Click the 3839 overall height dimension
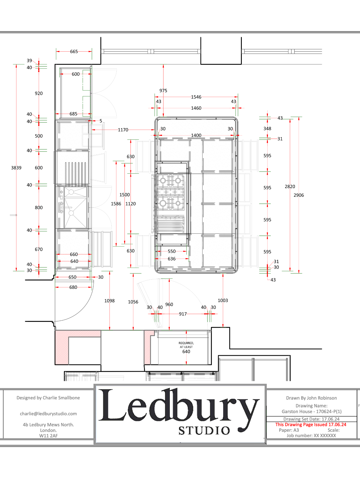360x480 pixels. (x=16, y=168)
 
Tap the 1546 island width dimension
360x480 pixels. (x=196, y=97)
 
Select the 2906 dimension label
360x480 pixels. (x=298, y=195)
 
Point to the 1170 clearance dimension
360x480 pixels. (x=123, y=130)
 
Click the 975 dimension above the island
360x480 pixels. (x=163, y=91)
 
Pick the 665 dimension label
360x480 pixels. (x=74, y=52)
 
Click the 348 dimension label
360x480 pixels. (x=267, y=129)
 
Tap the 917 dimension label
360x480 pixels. (x=183, y=314)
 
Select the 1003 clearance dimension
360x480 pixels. (x=223, y=301)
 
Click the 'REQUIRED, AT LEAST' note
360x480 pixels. (x=186, y=345)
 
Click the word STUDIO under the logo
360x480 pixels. (x=204, y=430)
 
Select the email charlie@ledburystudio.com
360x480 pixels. (x=48, y=414)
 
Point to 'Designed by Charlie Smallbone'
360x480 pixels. (x=48, y=398)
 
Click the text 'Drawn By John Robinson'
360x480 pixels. (x=311, y=398)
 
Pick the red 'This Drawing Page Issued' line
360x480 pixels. (x=311, y=424)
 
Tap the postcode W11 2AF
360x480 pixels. (x=49, y=436)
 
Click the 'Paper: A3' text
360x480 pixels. (x=289, y=430)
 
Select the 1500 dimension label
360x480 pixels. (x=124, y=195)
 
